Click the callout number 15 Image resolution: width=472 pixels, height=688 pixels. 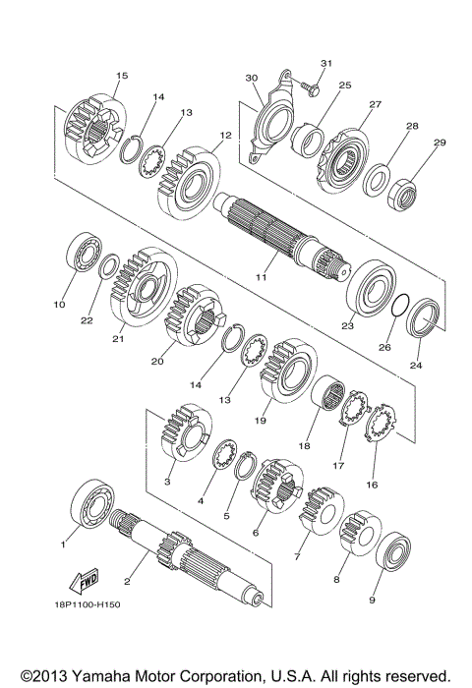click(122, 75)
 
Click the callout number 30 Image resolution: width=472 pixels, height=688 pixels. click(251, 78)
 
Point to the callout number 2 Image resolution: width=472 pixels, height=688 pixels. click(127, 583)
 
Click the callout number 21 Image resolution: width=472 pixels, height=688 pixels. click(119, 340)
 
